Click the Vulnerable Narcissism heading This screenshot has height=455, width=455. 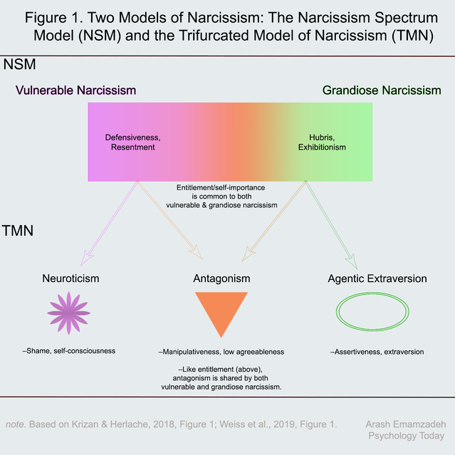pyautogui.click(x=77, y=90)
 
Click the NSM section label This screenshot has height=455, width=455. pyautogui.click(x=20, y=66)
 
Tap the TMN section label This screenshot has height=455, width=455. pyautogui.click(x=20, y=231)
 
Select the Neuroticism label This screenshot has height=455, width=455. pyautogui.click(x=69, y=278)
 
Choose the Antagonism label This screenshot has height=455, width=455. pyautogui.click(x=221, y=278)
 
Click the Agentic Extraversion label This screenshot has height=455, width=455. pyautogui.click(x=377, y=278)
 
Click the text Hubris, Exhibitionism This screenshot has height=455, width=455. pyautogui.click(x=322, y=141)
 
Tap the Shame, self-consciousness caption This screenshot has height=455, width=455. pyautogui.click(x=69, y=350)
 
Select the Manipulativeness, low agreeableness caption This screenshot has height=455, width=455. pyautogui.click(x=221, y=352)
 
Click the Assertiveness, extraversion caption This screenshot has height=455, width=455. pyautogui.click(x=377, y=352)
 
